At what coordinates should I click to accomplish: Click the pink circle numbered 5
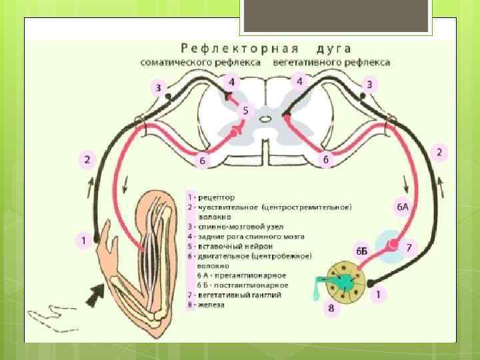(245, 111)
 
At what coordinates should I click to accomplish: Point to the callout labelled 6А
(403, 207)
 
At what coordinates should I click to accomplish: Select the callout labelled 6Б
(361, 251)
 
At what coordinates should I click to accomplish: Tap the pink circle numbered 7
(409, 247)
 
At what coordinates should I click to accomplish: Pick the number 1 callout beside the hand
(83, 240)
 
